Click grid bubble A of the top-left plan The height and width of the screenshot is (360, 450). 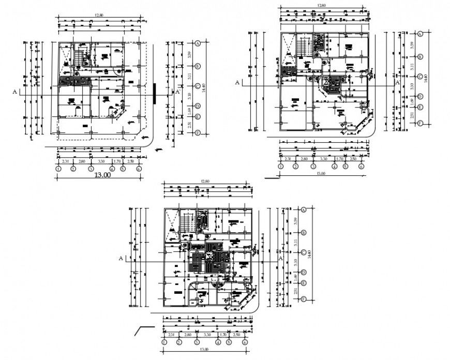pyautogui.click(x=197, y=43)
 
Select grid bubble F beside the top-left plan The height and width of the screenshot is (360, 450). pyautogui.click(x=197, y=132)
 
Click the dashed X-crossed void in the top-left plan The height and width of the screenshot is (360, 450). pyautogui.click(x=66, y=54)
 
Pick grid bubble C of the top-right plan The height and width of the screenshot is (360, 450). pyautogui.click(x=421, y=77)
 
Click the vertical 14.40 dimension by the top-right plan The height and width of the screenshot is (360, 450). pyautogui.click(x=425, y=78)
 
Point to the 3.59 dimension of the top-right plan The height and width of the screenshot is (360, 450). pyautogui.click(x=412, y=46)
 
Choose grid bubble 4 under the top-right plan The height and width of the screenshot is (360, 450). pyautogui.click(x=335, y=167)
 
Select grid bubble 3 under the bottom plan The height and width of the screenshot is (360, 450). pyautogui.click(x=197, y=342)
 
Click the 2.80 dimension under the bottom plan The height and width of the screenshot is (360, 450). pyautogui.click(x=188, y=335)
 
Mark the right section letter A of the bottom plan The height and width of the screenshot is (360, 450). pyautogui.click(x=280, y=257)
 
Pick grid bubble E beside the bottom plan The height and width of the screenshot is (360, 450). pyautogui.click(x=304, y=283)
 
